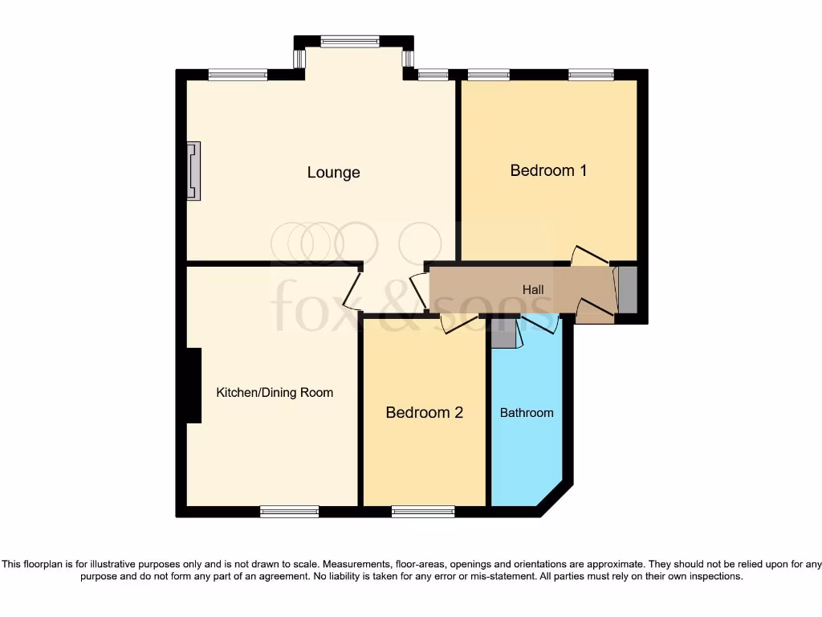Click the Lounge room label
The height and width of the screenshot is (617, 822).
[333, 173]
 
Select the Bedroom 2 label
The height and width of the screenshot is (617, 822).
[424, 413]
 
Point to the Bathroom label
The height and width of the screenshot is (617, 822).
[527, 413]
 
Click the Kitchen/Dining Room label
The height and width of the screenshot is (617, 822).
[275, 393]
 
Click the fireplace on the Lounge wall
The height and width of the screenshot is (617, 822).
[193, 170]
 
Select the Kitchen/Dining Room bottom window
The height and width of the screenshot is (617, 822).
[289, 511]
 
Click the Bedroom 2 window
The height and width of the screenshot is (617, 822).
[422, 511]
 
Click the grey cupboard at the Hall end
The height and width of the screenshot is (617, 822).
[627, 289]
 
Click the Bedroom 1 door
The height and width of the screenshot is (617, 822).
[591, 255]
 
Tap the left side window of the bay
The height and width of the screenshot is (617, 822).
[300, 59]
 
